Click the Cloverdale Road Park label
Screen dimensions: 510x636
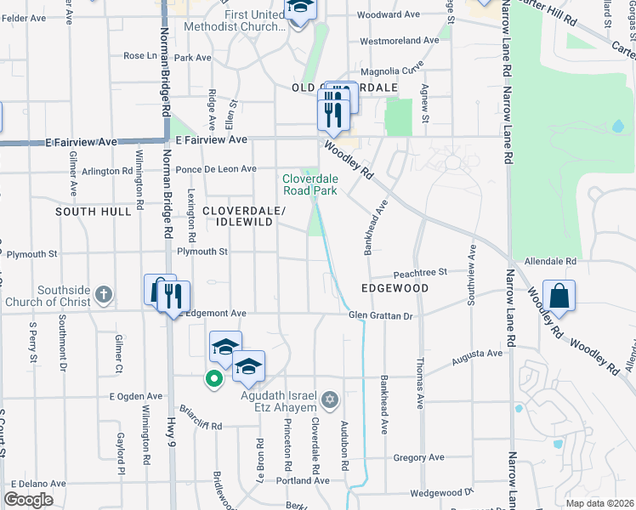click(x=310, y=184)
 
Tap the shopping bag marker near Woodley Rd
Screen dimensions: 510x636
click(x=559, y=297)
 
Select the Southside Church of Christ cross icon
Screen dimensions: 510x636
click(x=103, y=295)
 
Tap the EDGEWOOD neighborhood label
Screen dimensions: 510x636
click(x=394, y=289)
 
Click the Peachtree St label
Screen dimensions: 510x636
click(x=419, y=273)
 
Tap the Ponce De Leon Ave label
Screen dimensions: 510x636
click(x=216, y=169)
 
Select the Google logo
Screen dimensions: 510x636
click(x=28, y=500)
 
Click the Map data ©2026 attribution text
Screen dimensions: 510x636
click(x=599, y=503)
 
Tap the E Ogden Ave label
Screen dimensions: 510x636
click(x=135, y=396)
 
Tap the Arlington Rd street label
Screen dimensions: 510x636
click(x=106, y=171)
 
